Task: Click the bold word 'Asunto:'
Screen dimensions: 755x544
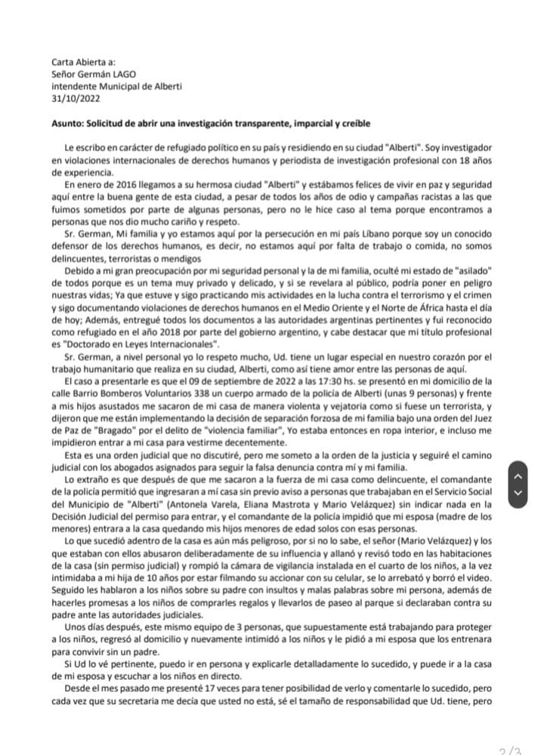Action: [71, 123]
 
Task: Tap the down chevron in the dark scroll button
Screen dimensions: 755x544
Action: [516, 492]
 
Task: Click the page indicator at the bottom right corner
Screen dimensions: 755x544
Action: [510, 748]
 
